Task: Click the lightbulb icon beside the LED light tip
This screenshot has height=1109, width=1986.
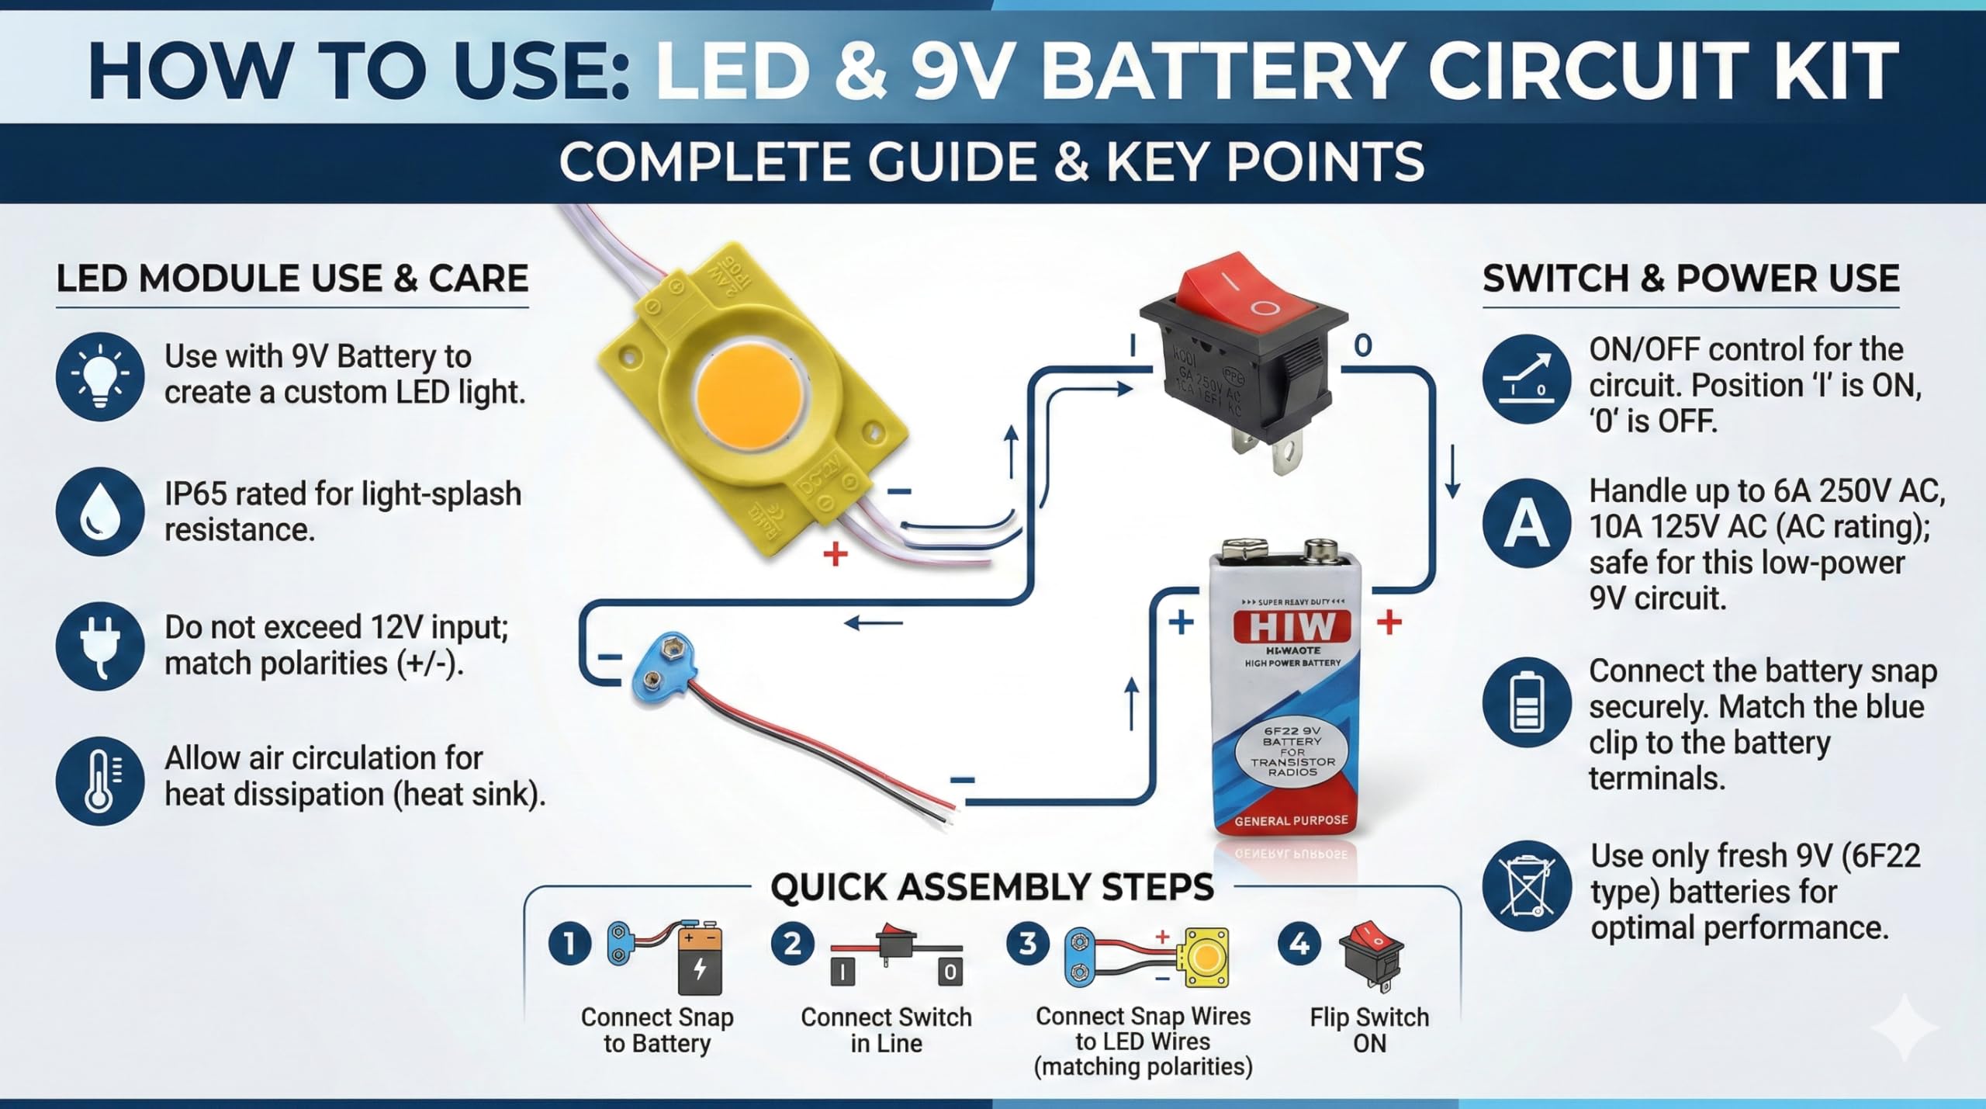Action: [100, 377]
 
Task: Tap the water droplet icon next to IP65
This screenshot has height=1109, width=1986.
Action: [100, 511]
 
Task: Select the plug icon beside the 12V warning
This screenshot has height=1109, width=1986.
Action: [100, 646]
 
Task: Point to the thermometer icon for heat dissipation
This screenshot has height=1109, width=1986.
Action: [100, 780]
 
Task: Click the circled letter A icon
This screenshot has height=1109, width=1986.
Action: [1527, 524]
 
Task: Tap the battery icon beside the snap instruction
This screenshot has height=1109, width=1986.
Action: [1527, 703]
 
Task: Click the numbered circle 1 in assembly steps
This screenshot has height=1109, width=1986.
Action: [570, 944]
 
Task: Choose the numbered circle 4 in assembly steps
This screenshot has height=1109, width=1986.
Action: [1299, 944]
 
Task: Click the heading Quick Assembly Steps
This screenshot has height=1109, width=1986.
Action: [992, 887]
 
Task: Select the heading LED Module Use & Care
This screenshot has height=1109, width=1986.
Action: [292, 279]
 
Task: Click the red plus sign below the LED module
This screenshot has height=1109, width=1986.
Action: [836, 554]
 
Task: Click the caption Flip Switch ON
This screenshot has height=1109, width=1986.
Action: [1369, 1030]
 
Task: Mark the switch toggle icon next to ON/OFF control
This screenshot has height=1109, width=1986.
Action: [1527, 378]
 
